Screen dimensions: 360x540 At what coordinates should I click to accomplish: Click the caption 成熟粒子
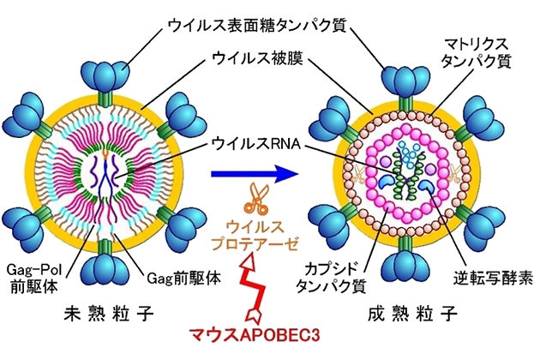[x=406, y=313]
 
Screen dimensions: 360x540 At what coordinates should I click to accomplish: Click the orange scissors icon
[x=255, y=200]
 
